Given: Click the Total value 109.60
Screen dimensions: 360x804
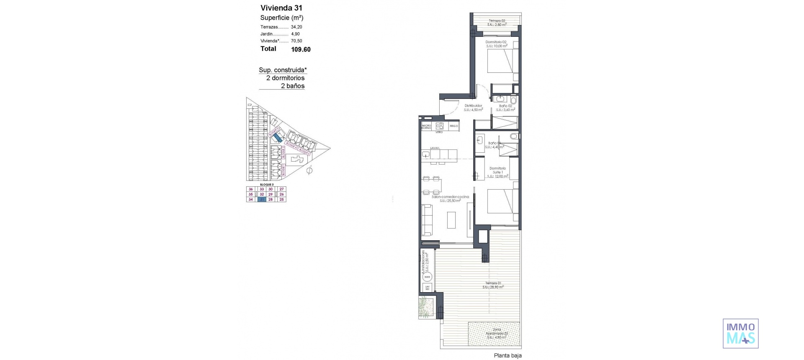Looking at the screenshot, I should tap(301, 49).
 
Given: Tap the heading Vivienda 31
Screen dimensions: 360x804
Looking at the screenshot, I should tap(281, 8).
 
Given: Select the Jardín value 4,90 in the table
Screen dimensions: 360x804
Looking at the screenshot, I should tap(295, 34).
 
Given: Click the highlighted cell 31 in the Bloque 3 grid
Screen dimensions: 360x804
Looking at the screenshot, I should tap(262, 200).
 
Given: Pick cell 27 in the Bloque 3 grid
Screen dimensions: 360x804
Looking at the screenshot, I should tap(282, 189).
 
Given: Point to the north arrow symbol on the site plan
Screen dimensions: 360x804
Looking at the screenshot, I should tap(309, 170).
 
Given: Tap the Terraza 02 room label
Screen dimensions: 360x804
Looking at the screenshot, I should tap(497, 21).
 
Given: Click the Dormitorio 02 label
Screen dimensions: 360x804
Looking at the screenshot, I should tap(496, 42).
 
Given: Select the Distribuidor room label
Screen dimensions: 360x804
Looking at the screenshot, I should tap(473, 106).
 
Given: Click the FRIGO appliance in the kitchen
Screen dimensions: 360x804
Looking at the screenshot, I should tap(454, 126).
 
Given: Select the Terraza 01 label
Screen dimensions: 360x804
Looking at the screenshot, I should tap(492, 283).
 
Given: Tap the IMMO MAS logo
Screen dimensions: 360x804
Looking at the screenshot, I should tap(740, 334).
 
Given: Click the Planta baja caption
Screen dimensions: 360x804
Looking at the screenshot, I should tap(508, 356).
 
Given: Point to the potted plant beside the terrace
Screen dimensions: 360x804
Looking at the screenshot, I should tap(425, 307).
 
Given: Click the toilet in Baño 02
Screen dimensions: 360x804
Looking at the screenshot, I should tap(513, 100).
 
